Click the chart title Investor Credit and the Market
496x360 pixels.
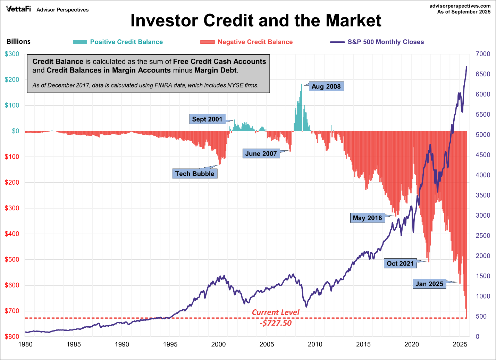[x=256, y=21]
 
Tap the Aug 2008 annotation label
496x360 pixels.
[x=326, y=86]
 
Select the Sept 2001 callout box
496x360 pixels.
[x=207, y=119]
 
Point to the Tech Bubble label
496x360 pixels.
[x=195, y=174]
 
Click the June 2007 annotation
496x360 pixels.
[x=261, y=153]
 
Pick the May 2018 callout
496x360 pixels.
[x=367, y=218]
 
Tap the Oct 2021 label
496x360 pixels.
[x=400, y=263]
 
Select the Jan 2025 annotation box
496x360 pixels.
[x=429, y=284]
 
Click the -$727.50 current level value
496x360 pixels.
[x=276, y=323]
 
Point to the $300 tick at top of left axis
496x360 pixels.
[x=12, y=54]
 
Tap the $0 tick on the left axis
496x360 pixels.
[x=15, y=131]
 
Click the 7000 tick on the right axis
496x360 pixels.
[x=483, y=54]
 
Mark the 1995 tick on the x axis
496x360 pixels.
[x=170, y=344]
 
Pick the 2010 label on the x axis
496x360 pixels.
[x=315, y=344]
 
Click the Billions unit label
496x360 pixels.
[x=19, y=42]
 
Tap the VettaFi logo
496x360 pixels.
[x=18, y=9]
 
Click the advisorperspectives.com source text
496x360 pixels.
[x=460, y=6]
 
